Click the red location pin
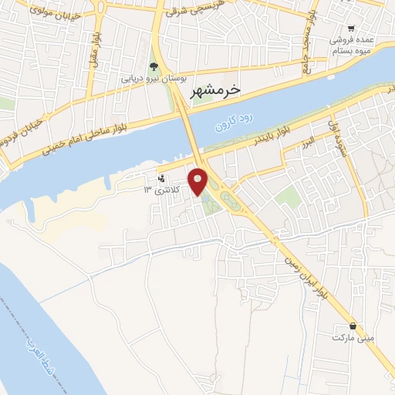[x=198, y=181]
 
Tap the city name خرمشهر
[x=215, y=89]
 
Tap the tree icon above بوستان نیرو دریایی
[x=153, y=66]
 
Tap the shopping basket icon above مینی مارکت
[x=353, y=326]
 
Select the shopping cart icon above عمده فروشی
[x=353, y=26]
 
